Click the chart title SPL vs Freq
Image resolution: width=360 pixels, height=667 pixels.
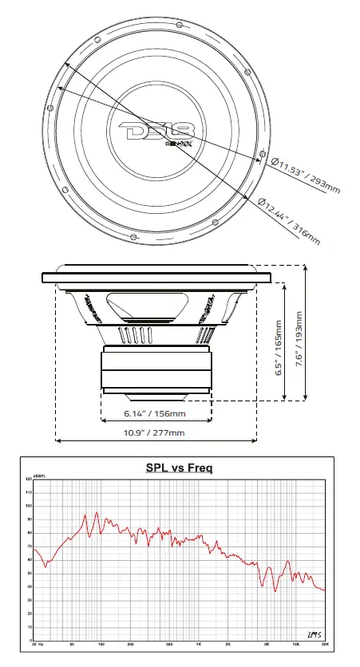pos(179,468)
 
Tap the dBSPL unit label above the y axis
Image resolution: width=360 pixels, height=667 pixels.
pos(38,477)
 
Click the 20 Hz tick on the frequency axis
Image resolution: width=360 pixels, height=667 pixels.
pos(36,644)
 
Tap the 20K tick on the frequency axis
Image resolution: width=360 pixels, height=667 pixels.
pos(325,644)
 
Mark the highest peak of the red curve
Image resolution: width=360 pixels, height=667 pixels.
pos(97,513)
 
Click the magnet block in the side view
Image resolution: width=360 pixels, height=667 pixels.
pos(156,369)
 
